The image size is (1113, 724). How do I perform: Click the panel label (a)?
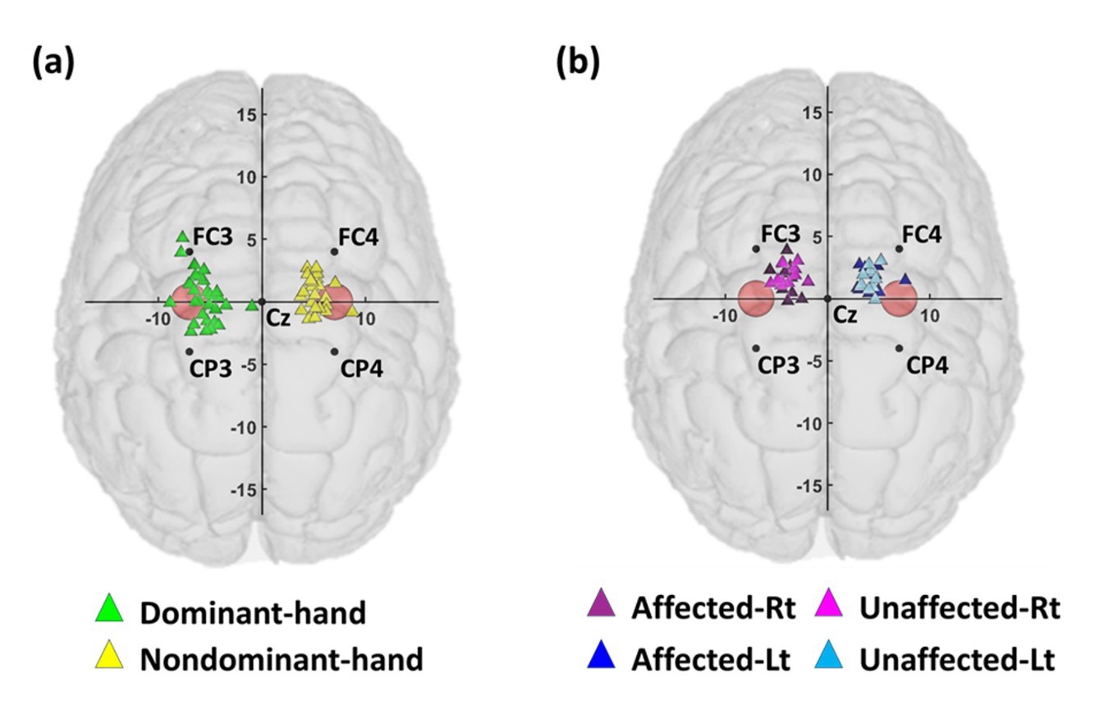pyautogui.click(x=53, y=63)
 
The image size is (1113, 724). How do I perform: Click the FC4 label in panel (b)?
pyautogui.click(x=922, y=233)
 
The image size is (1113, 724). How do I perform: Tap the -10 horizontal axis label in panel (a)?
pyautogui.click(x=156, y=319)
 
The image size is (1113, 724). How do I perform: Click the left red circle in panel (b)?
pyautogui.click(x=756, y=299)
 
